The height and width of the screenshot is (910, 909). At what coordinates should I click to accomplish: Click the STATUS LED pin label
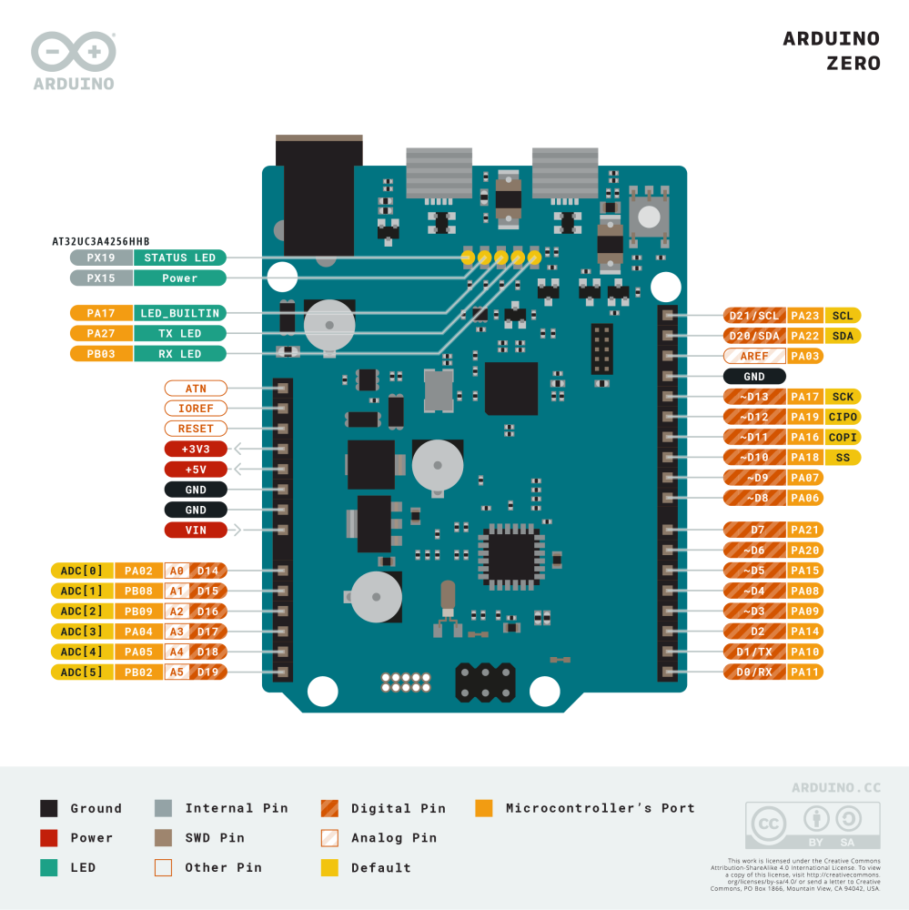[x=180, y=258]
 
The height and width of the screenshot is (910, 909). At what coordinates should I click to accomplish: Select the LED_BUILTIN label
[x=180, y=313]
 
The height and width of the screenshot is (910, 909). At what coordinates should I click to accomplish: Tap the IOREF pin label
[x=196, y=409]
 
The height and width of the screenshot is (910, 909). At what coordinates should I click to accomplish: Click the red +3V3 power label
[x=196, y=449]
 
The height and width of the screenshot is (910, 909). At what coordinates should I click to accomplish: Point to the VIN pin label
[x=196, y=530]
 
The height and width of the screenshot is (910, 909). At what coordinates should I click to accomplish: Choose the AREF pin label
[x=755, y=356]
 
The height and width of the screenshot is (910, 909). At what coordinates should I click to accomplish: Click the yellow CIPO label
[x=843, y=417]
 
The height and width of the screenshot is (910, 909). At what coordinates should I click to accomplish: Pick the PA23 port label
[x=805, y=316]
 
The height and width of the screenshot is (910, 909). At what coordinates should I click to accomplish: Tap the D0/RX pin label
[x=755, y=672]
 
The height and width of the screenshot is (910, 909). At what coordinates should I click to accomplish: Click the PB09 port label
[x=138, y=612]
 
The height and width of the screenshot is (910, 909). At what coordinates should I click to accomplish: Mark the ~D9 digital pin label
[x=755, y=477]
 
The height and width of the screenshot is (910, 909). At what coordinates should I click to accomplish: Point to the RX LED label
[x=180, y=354]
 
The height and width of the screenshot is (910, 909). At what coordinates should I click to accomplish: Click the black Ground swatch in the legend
[x=49, y=808]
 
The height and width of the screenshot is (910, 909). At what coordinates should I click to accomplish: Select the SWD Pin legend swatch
[x=164, y=838]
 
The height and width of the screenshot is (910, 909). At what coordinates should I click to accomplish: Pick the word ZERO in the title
[x=853, y=64]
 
